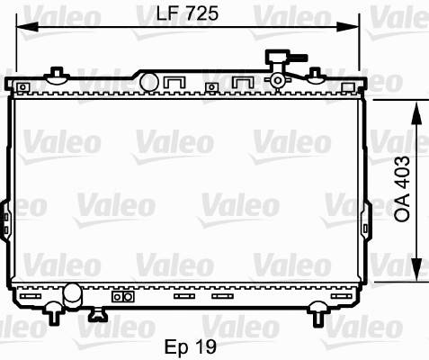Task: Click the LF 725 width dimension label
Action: tap(187, 13)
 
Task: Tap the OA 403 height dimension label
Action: tap(402, 189)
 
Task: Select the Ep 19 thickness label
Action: tap(191, 346)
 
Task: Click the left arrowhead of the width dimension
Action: tap(27, 27)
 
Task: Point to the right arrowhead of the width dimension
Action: tap(348, 27)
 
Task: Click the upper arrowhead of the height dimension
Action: tap(417, 113)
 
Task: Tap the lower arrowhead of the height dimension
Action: tap(417, 269)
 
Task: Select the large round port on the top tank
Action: tap(148, 82)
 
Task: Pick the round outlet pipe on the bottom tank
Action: tap(72, 295)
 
